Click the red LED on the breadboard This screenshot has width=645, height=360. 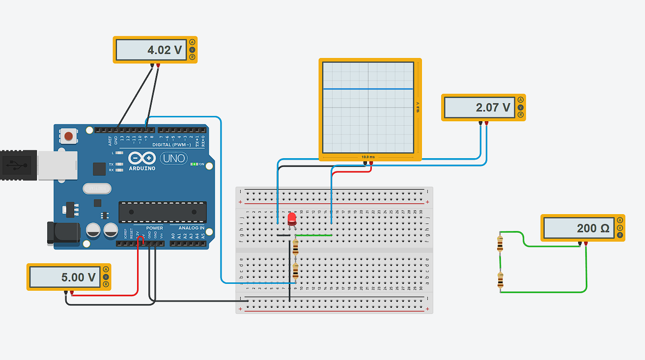[x=292, y=219]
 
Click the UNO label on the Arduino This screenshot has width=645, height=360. [x=173, y=158]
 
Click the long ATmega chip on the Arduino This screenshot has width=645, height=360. [x=162, y=212]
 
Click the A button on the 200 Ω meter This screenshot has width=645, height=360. [x=620, y=221]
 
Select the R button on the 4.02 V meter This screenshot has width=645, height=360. [x=192, y=57]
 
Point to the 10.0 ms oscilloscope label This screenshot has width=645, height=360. [x=368, y=157]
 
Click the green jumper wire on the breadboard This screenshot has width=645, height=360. [x=312, y=235]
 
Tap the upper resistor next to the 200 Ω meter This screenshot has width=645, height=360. [x=500, y=243]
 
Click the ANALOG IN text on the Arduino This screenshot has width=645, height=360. [x=192, y=228]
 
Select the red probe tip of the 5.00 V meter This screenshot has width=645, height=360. [x=72, y=293]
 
